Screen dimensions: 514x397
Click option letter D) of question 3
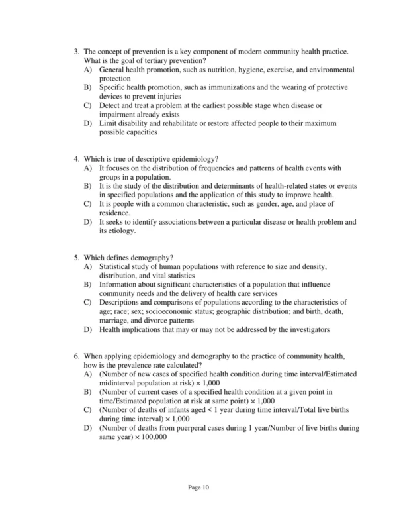(x=88, y=123)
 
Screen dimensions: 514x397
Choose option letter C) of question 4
(x=88, y=205)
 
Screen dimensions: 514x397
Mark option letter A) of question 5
(x=88, y=267)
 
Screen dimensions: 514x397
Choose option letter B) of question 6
(x=88, y=392)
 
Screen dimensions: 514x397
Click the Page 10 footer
(x=198, y=488)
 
